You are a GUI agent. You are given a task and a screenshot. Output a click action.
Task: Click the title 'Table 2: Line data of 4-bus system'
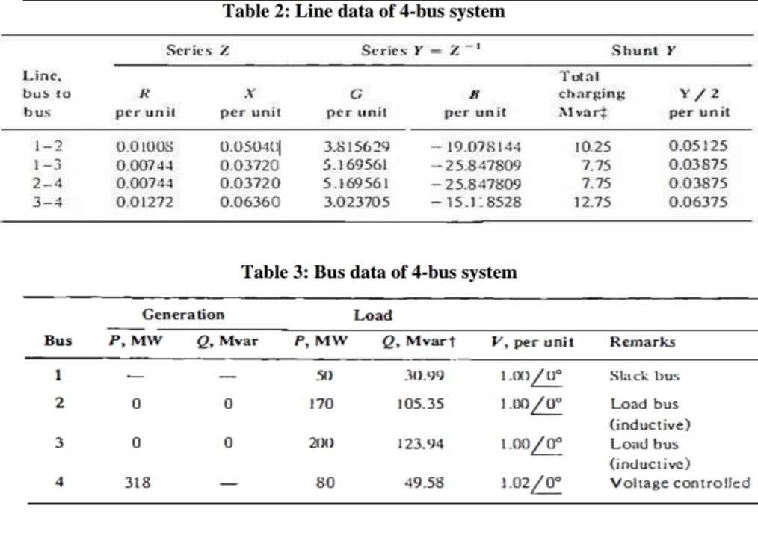364,12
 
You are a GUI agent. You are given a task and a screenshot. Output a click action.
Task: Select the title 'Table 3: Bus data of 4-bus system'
378,271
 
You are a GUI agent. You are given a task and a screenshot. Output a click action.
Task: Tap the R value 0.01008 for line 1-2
145,146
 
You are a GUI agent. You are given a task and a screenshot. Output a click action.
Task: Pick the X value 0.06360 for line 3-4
250,201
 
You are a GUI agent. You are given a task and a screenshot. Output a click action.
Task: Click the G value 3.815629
357,146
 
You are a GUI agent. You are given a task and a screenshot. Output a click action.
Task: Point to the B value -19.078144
476,146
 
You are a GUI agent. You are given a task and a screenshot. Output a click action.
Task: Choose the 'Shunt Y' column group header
644,51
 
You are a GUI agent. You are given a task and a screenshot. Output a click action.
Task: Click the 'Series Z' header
197,51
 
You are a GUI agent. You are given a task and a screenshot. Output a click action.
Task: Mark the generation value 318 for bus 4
137,483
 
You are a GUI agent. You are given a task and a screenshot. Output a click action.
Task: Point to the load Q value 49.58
424,483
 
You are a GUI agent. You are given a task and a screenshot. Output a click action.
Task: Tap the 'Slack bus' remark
644,375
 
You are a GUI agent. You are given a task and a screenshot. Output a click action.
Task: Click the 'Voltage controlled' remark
680,483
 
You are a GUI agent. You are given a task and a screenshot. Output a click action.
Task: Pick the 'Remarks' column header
641,342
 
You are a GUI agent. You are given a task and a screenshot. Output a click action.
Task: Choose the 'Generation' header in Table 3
182,315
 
